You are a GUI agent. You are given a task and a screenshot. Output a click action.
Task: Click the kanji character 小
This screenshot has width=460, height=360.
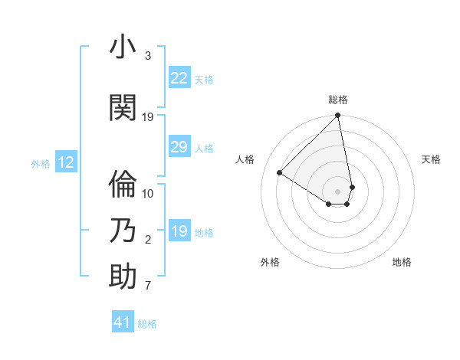click(123, 48)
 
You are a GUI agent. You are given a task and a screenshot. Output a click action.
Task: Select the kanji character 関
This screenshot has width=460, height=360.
click(123, 108)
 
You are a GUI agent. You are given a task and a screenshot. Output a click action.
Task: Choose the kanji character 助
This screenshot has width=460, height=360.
click(123, 277)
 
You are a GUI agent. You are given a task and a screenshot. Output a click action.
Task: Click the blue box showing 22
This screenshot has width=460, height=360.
click(179, 78)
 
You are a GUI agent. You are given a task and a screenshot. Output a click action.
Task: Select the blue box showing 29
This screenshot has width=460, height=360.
click(179, 147)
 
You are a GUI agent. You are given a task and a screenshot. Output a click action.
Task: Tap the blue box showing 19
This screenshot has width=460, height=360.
click(179, 231)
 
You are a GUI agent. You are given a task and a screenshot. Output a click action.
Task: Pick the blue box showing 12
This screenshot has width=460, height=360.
click(65, 162)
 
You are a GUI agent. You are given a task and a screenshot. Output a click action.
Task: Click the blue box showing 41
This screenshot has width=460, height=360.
click(123, 322)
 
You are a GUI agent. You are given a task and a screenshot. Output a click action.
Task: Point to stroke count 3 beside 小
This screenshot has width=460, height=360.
click(148, 56)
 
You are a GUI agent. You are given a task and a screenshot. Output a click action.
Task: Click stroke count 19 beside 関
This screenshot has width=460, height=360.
click(148, 117)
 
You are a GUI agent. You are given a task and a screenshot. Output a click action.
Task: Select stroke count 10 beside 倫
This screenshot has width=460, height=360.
click(148, 193)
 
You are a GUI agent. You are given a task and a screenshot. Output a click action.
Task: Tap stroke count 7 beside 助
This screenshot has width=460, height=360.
click(148, 286)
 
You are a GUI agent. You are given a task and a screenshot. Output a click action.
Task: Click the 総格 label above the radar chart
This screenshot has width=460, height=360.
click(338, 100)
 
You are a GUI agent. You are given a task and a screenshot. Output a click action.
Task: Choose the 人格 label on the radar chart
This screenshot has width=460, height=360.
click(245, 159)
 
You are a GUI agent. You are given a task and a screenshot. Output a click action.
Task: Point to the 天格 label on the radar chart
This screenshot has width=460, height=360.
click(431, 159)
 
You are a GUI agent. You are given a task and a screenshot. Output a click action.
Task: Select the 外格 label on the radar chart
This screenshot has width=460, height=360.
click(270, 262)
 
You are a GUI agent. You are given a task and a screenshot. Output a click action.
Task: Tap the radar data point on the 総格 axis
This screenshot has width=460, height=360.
click(337, 116)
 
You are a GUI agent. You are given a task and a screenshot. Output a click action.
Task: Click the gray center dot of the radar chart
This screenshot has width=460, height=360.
click(338, 191)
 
